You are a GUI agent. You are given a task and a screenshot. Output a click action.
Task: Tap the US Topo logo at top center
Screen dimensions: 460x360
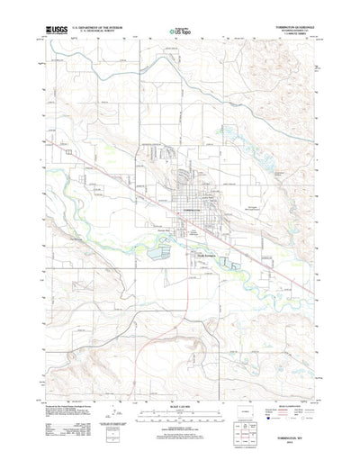point(180,32)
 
